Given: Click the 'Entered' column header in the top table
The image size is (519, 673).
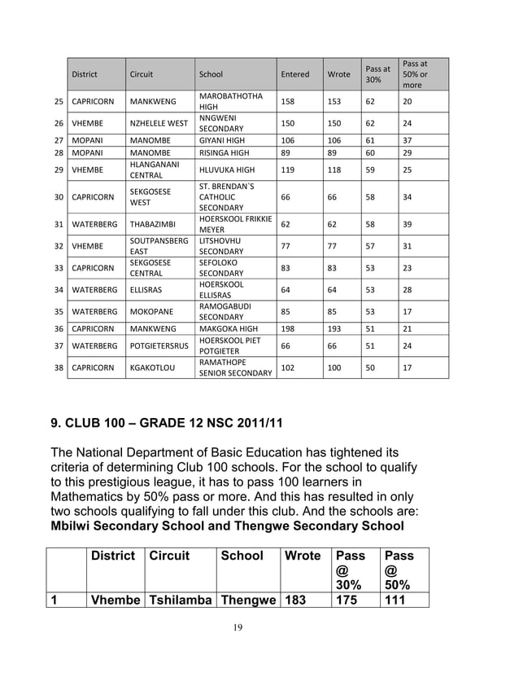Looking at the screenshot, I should (294, 74).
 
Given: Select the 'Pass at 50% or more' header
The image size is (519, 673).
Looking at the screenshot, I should (415, 74).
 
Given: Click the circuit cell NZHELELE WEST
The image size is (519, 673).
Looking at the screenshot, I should (159, 123).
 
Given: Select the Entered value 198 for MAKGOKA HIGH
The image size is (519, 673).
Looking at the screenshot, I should (288, 328).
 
